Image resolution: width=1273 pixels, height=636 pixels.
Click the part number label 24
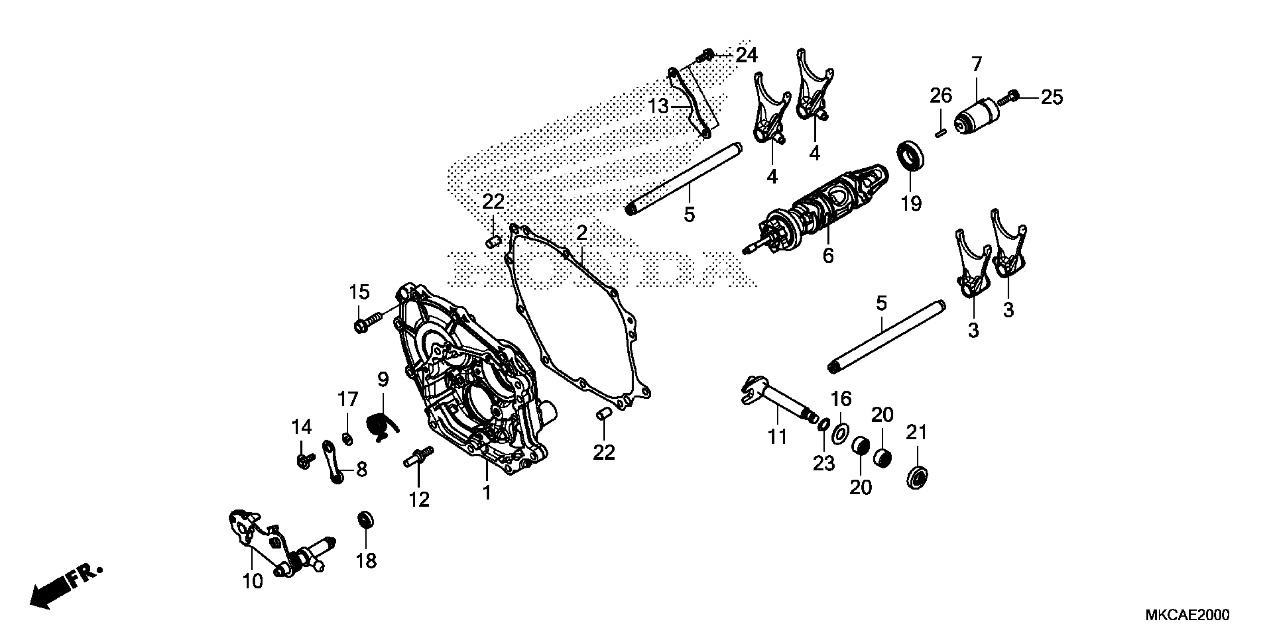point(746,55)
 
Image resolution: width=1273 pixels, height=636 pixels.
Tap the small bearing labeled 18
point(365,520)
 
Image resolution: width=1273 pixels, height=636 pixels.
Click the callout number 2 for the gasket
point(581,233)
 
